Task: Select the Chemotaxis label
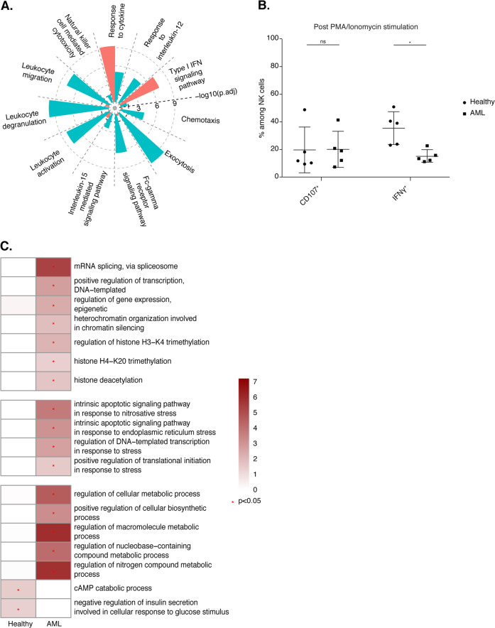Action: point(200,120)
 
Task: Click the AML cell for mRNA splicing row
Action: point(53,266)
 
